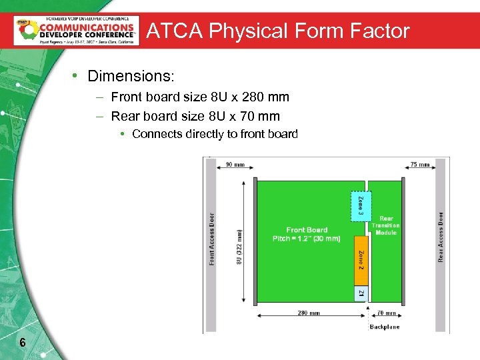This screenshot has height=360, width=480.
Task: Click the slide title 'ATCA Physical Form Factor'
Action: click(277, 31)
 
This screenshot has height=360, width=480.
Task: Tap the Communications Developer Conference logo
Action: click(77, 30)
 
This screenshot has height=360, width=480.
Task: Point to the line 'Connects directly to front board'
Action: click(215, 134)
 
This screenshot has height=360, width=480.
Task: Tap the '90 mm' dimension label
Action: click(234, 165)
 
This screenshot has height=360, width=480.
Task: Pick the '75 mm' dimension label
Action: click(419, 165)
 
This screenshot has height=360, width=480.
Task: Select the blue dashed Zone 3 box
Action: click(361, 207)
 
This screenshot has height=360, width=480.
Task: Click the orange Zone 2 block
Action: click(361, 261)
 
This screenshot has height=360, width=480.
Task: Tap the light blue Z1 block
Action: click(361, 294)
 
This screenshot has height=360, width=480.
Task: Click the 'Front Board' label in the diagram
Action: click(307, 230)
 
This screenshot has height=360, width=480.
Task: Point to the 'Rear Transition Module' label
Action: click(386, 225)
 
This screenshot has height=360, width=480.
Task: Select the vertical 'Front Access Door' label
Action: click(212, 239)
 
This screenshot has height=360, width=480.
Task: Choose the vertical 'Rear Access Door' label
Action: click(441, 236)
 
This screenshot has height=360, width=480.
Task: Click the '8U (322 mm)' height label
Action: click(239, 247)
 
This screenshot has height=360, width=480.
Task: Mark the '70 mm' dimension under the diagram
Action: click(386, 313)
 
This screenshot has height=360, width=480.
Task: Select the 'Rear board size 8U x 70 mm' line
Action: click(195, 116)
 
